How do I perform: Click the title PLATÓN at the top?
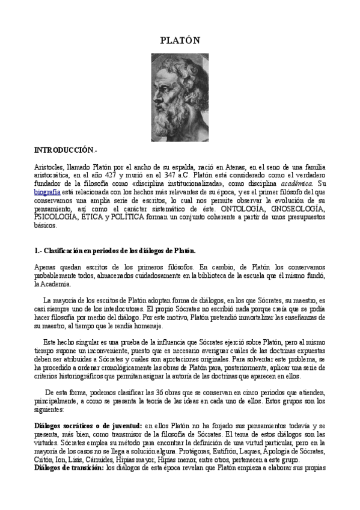tap(179, 40)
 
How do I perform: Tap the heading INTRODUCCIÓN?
tap(64, 149)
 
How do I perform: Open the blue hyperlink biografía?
tap(47, 192)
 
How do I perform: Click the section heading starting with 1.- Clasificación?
tap(115, 250)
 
